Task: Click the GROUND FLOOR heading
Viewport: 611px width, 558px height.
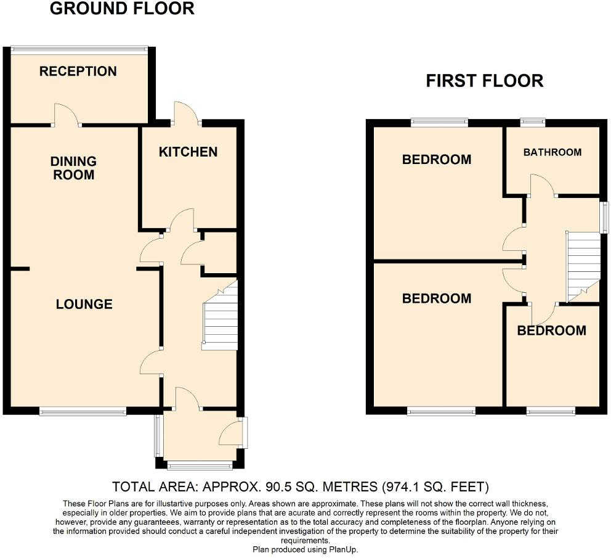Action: pos(121,9)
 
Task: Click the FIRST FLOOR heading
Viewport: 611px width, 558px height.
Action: pos(484,81)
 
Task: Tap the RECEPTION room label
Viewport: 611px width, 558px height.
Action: pos(78,72)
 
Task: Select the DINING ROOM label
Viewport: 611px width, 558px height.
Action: pos(73,168)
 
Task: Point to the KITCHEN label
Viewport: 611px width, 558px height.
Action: pos(188,152)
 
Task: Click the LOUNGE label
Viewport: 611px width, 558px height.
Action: pos(84,304)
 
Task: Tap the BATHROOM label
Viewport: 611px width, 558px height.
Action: pos(552,152)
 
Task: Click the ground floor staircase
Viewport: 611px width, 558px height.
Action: pos(221,318)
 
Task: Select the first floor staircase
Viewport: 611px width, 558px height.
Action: pos(583,265)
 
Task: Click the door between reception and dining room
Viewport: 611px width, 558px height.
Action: pos(67,116)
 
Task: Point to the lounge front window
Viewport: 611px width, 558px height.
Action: pos(83,411)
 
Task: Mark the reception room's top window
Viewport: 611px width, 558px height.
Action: pos(79,48)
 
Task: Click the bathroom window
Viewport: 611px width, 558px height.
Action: pos(532,122)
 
